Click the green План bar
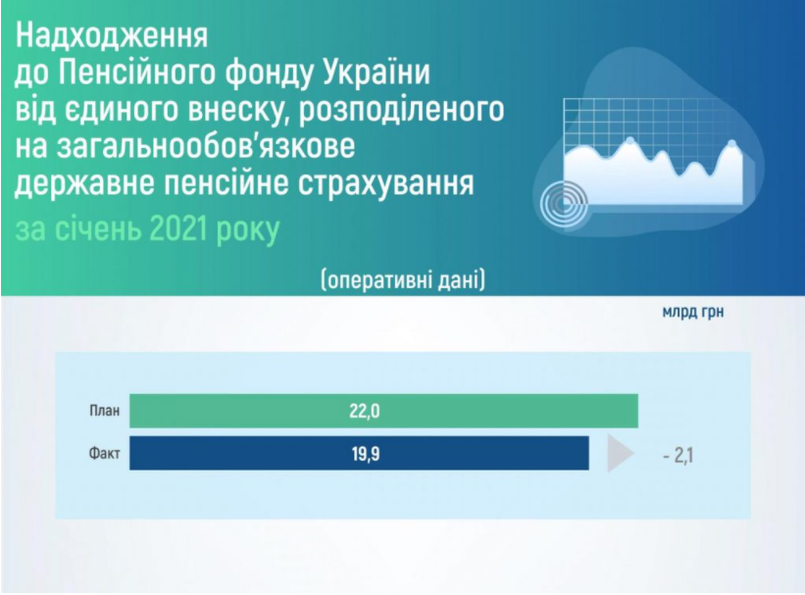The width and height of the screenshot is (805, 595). click(382, 411)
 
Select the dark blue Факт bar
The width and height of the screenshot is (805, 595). click(358, 454)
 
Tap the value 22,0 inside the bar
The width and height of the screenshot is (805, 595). click(364, 411)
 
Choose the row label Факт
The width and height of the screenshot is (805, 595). click(101, 454)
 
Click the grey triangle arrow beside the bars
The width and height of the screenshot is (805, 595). click(619, 454)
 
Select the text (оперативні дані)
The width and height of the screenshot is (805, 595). click(402, 279)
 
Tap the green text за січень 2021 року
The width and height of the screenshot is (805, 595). click(148, 230)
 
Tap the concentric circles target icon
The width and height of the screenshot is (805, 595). click(566, 202)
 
